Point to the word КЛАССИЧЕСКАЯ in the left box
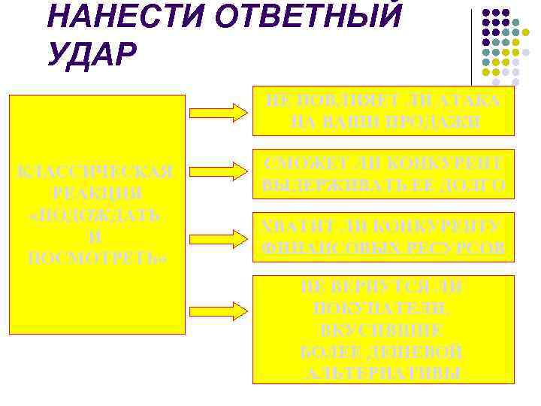95,172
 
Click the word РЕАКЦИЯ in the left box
95,192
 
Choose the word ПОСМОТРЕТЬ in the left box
95,259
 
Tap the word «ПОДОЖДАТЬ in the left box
95,215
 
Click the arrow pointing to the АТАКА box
219,112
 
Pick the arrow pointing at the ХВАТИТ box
219,237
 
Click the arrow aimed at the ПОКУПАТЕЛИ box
219,311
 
